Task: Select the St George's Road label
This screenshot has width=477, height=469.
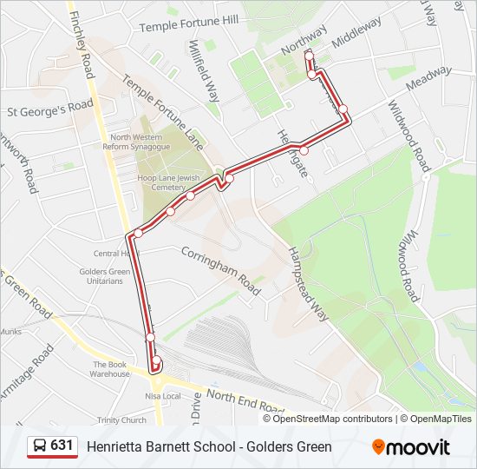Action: coord(49,110)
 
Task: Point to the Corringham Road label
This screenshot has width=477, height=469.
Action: coord(220,271)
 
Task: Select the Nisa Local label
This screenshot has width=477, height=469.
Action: coord(163,396)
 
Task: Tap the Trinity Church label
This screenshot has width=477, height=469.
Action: coord(121,420)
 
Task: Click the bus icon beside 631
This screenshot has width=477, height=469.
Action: coord(39,446)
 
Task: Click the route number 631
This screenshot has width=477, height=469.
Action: coord(62,446)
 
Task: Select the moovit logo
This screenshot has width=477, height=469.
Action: coord(411,447)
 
